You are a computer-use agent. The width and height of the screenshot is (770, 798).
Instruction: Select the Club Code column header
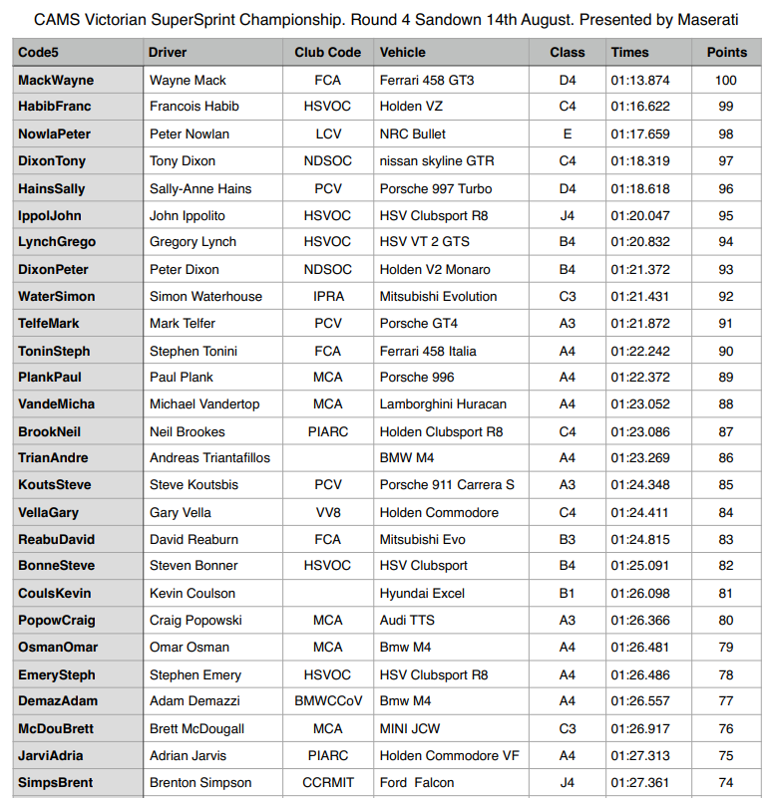point(328,53)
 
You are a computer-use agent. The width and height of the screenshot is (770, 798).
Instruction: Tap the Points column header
point(726,53)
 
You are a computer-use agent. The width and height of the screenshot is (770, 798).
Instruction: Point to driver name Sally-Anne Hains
point(200,188)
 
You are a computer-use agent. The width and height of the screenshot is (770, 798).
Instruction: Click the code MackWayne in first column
point(56,80)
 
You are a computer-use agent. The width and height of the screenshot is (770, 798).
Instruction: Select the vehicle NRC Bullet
point(413,133)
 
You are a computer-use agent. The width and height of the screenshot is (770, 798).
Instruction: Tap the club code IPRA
point(328,296)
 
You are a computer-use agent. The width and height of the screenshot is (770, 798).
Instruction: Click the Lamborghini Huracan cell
point(443,403)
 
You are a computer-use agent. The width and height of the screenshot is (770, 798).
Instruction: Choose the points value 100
point(726,80)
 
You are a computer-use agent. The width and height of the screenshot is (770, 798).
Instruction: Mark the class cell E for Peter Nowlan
point(568,133)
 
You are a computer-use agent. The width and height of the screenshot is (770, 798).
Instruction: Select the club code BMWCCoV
point(328,700)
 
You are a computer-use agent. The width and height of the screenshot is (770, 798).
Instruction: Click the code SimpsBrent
point(57,782)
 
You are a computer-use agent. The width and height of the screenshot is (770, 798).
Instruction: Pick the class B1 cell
point(568,593)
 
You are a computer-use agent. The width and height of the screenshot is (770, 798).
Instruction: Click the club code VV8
point(328,512)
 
